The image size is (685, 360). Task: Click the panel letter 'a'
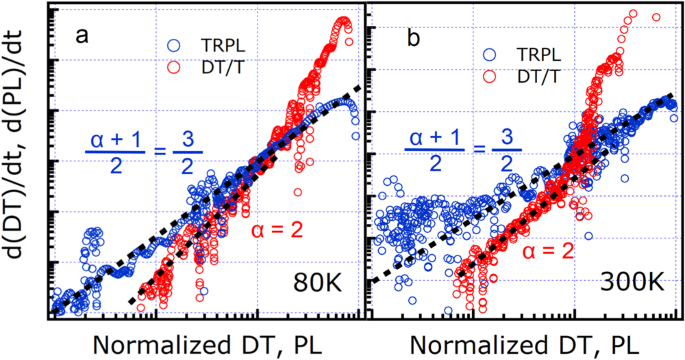pos(86,37)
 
